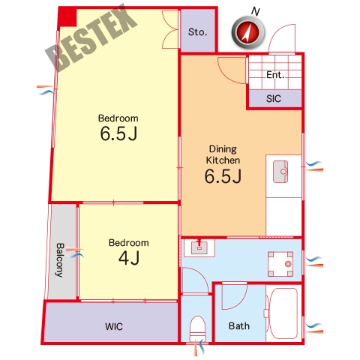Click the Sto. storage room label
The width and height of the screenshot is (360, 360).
(x=197, y=32)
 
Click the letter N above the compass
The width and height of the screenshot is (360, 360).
(x=255, y=11)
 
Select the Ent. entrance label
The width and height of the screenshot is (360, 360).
(x=275, y=75)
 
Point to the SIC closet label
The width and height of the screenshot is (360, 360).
(x=274, y=99)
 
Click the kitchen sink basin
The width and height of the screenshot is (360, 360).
(x=280, y=172)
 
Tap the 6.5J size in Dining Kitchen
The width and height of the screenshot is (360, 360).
(x=223, y=176)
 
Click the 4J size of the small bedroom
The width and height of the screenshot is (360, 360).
(x=129, y=258)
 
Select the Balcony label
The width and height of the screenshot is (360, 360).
(x=60, y=260)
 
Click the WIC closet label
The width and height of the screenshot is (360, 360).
(x=114, y=326)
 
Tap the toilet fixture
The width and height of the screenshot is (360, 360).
(x=197, y=328)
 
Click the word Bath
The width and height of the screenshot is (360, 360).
(x=239, y=326)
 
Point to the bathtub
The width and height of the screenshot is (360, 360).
(x=283, y=313)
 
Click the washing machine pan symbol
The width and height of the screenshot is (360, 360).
(x=280, y=264)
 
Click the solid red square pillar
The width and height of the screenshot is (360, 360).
(x=67, y=17)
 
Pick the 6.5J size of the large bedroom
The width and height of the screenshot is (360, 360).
(x=118, y=133)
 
